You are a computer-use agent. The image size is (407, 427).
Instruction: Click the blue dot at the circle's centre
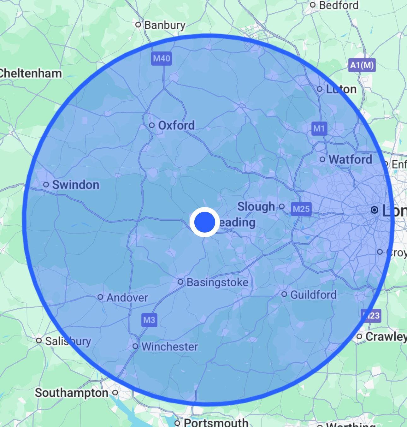coord(204,222)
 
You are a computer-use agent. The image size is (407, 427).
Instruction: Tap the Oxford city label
coord(176,125)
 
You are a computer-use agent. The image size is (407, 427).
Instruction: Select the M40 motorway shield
coord(162,58)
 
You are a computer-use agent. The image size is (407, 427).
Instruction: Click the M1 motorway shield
coord(319,128)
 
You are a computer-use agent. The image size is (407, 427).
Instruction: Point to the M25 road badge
coord(301,209)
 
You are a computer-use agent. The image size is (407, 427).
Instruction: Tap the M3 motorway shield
coord(149,320)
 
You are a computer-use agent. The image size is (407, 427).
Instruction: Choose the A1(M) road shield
coord(362,65)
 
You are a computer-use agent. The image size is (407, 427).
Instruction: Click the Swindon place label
coord(75,185)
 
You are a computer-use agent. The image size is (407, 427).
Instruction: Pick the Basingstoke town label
coord(217,282)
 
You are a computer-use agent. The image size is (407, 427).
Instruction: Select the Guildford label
coord(313,295)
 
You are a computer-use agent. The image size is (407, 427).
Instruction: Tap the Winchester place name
coord(169,347)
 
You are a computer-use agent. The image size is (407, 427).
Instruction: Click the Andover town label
coord(127,297)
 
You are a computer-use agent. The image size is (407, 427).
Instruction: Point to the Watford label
coord(350,159)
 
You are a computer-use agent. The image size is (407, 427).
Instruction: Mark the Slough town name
coord(256,207)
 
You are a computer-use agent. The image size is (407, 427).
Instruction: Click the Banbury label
coord(165,25)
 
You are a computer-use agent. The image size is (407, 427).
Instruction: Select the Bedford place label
coord(339,5)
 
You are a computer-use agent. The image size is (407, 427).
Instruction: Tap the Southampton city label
coord(72,393)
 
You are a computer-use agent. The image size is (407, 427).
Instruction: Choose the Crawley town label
coord(386,337)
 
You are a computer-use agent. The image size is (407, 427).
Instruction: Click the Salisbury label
coord(68,341)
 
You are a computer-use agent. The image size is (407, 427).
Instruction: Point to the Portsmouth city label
coord(216,422)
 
